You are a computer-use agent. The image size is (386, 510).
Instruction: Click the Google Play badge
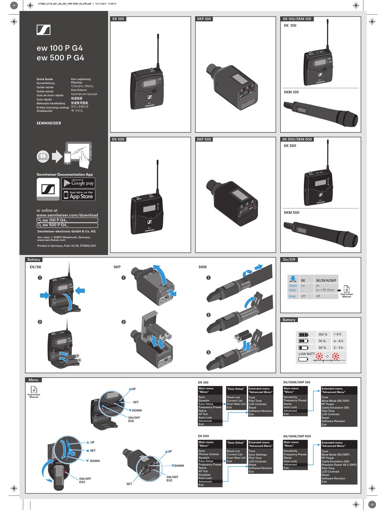tap(78, 183)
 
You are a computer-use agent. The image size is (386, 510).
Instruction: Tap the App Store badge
tap(78, 195)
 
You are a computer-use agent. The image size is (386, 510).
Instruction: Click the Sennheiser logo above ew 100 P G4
tap(43, 30)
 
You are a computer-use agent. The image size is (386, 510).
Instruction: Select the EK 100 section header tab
tap(118, 19)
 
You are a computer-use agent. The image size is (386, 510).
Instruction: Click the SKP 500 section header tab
tap(204, 139)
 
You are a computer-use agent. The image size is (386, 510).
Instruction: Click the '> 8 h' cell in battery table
tap(338, 334)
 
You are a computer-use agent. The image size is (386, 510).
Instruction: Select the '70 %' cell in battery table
tap(323, 341)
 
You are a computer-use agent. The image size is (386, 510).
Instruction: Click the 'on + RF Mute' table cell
tap(325, 290)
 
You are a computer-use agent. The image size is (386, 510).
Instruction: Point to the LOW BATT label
tap(306, 354)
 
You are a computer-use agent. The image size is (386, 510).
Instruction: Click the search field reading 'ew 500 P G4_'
tap(67, 225)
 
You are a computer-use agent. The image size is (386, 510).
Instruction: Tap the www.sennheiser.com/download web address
tap(67, 215)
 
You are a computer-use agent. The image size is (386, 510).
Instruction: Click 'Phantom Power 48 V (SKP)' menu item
tap(339, 464)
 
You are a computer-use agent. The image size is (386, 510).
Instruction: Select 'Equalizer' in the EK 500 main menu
tap(205, 475)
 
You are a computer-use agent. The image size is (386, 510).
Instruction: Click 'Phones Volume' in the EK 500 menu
tap(208, 454)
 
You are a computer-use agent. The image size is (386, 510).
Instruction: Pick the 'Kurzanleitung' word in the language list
tap(46, 83)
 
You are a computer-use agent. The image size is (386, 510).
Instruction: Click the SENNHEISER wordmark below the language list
tap(49, 123)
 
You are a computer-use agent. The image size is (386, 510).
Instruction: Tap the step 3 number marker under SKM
tap(208, 352)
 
